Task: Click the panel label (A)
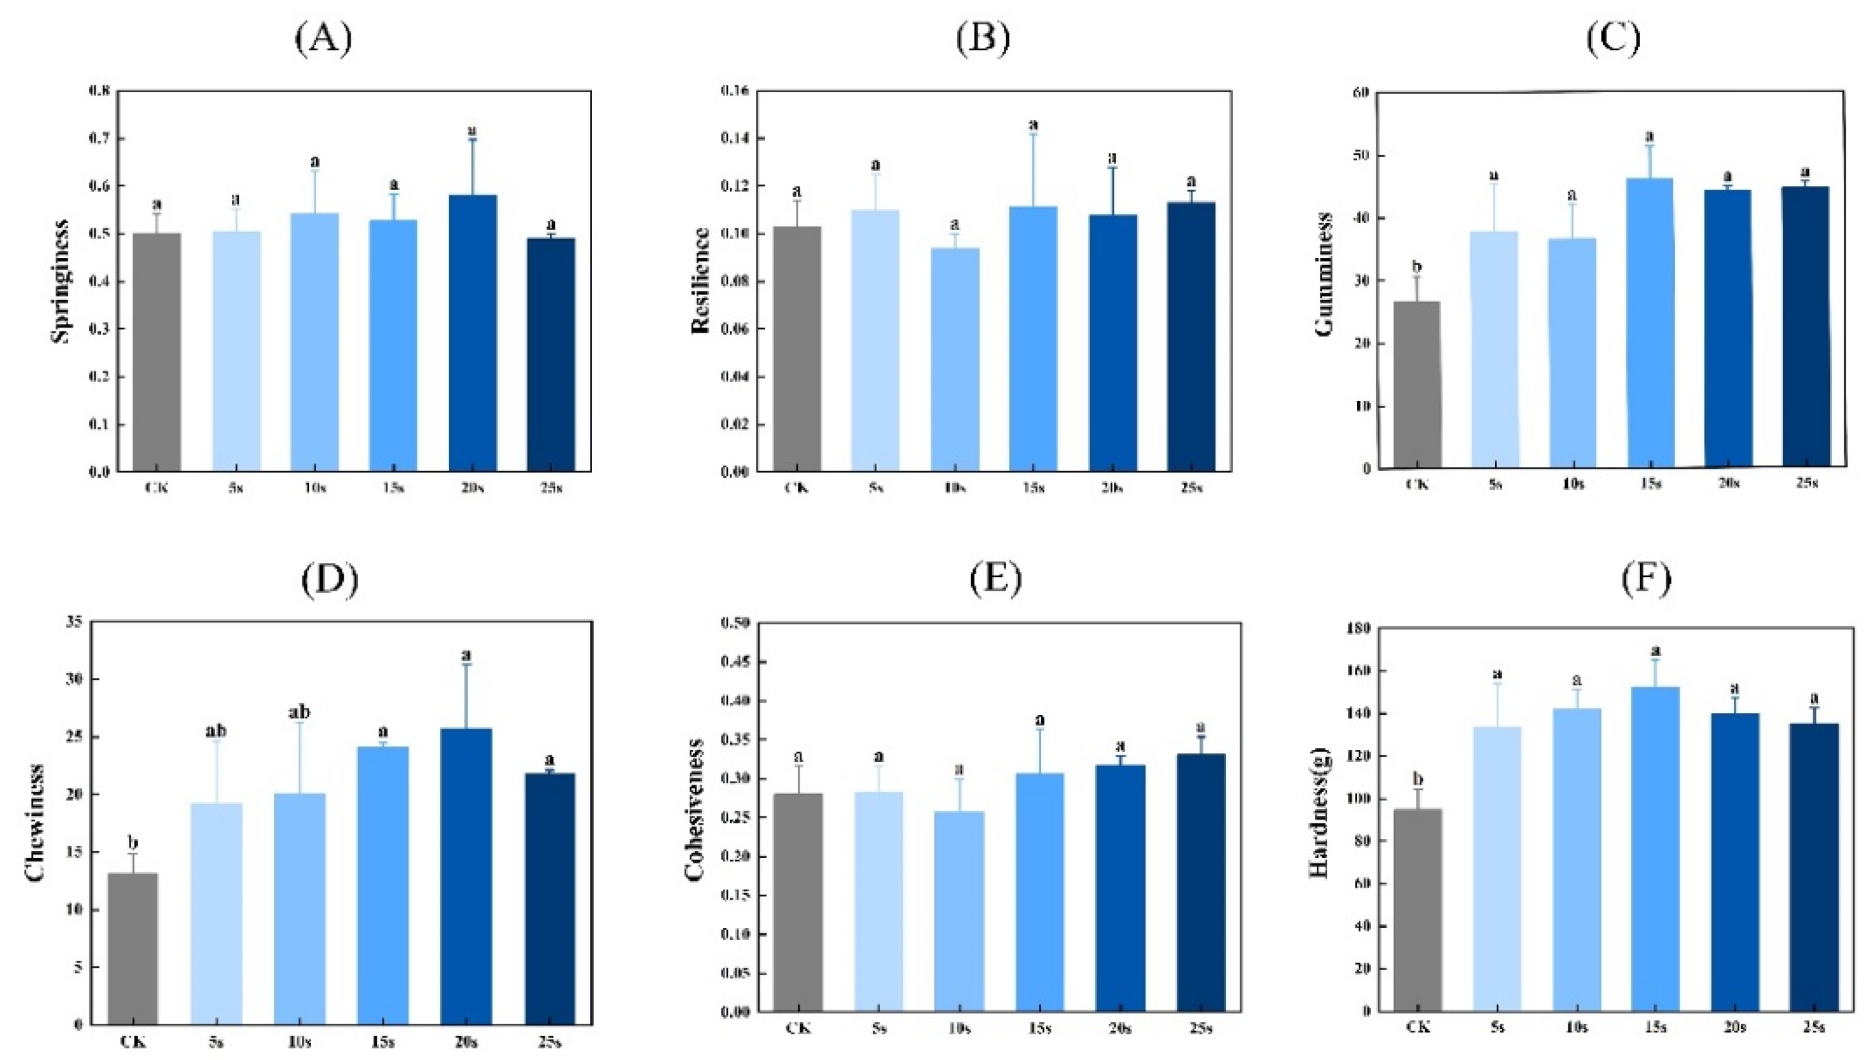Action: [x=323, y=39]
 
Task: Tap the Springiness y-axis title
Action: [x=61, y=281]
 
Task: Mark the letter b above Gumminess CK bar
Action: [x=1416, y=266]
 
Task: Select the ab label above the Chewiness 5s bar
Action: [x=215, y=731]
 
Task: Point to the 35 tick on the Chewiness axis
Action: [x=75, y=622]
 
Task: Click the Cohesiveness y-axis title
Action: [x=695, y=810]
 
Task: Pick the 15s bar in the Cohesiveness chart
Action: [x=1039, y=892]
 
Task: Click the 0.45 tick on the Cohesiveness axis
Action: [x=735, y=662]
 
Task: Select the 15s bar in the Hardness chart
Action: [x=1654, y=848]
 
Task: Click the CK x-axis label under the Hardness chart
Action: [x=1417, y=1027]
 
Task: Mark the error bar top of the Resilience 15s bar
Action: [x=1032, y=134]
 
